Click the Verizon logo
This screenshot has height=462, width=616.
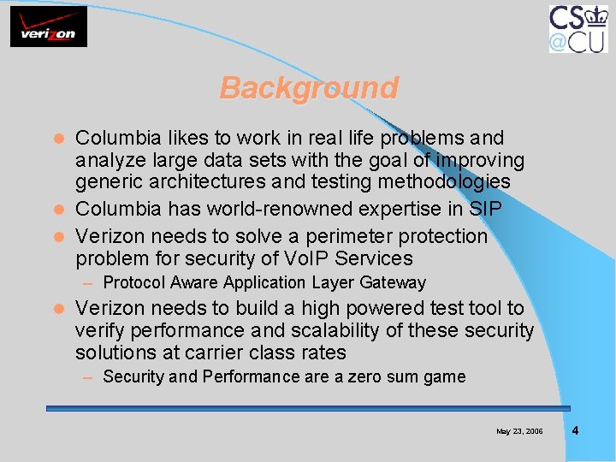tap(49, 27)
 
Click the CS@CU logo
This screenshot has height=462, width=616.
tap(577, 29)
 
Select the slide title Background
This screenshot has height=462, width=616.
tap(309, 88)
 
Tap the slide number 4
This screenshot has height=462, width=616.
tap(575, 430)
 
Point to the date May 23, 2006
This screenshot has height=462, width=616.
tap(519, 431)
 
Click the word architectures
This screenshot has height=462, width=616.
tap(217, 182)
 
